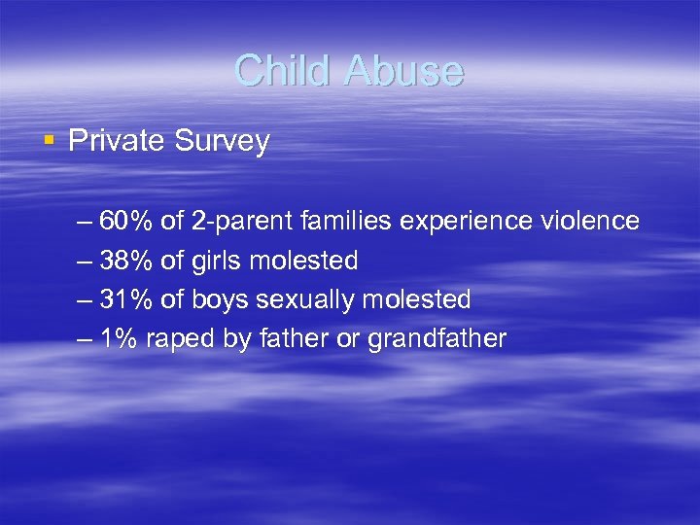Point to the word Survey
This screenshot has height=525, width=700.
[222, 142]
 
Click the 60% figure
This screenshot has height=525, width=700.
[125, 222]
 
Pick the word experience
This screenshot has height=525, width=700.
[463, 223]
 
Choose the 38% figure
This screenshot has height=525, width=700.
[125, 261]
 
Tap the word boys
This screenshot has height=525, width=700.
[221, 300]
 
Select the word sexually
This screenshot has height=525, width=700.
[305, 300]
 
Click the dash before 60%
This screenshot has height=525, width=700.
[85, 223]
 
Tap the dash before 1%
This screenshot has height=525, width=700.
[85, 339]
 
